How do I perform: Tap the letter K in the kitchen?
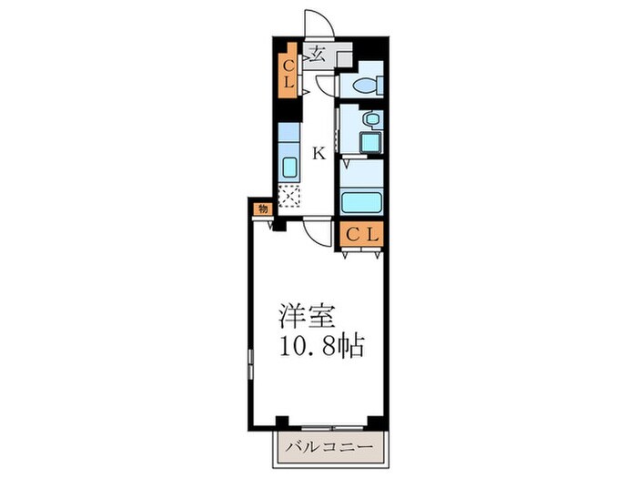point(318,153)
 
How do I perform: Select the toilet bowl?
point(365,86)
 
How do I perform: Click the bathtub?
point(362,202)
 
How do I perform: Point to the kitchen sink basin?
point(288,168)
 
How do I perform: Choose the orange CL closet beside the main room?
point(362,234)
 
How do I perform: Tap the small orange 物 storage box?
point(262,208)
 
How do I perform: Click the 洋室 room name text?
point(308,318)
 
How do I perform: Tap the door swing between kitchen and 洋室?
point(319,233)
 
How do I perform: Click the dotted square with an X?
point(288,196)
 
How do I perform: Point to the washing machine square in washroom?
point(370,143)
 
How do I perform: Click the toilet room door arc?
point(325,86)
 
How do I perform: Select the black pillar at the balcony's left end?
point(281,421)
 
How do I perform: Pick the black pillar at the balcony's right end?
point(373,421)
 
